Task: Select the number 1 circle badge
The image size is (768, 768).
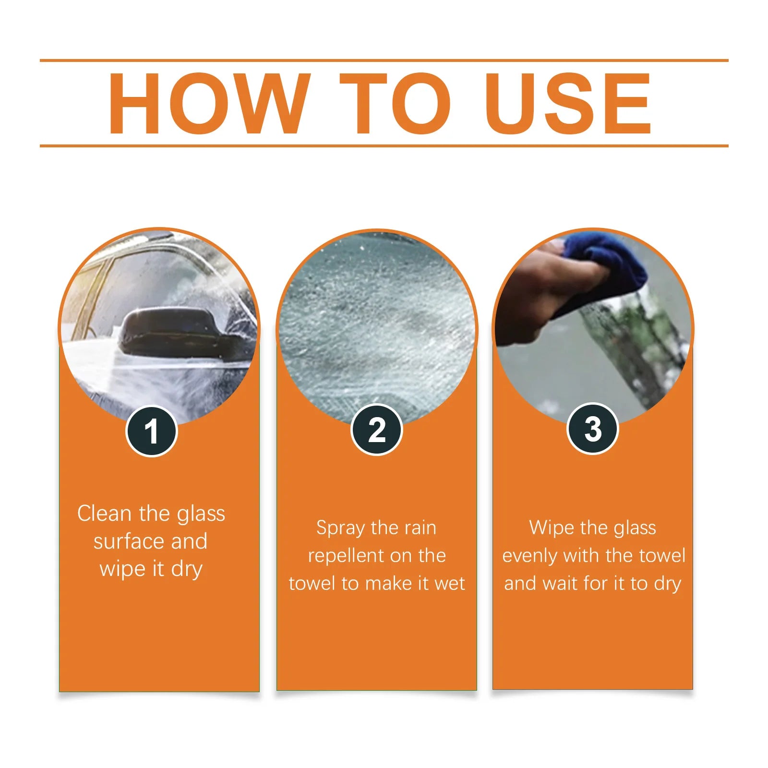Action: tap(151, 431)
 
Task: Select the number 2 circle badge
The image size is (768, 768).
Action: tap(377, 430)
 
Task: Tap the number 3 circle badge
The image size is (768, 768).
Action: tap(592, 429)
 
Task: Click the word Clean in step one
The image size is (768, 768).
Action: tap(104, 514)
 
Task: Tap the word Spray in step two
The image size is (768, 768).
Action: tap(340, 528)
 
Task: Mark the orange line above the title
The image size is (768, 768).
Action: tap(384, 60)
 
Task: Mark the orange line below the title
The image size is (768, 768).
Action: tap(384, 145)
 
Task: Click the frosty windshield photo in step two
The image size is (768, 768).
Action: tap(377, 326)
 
